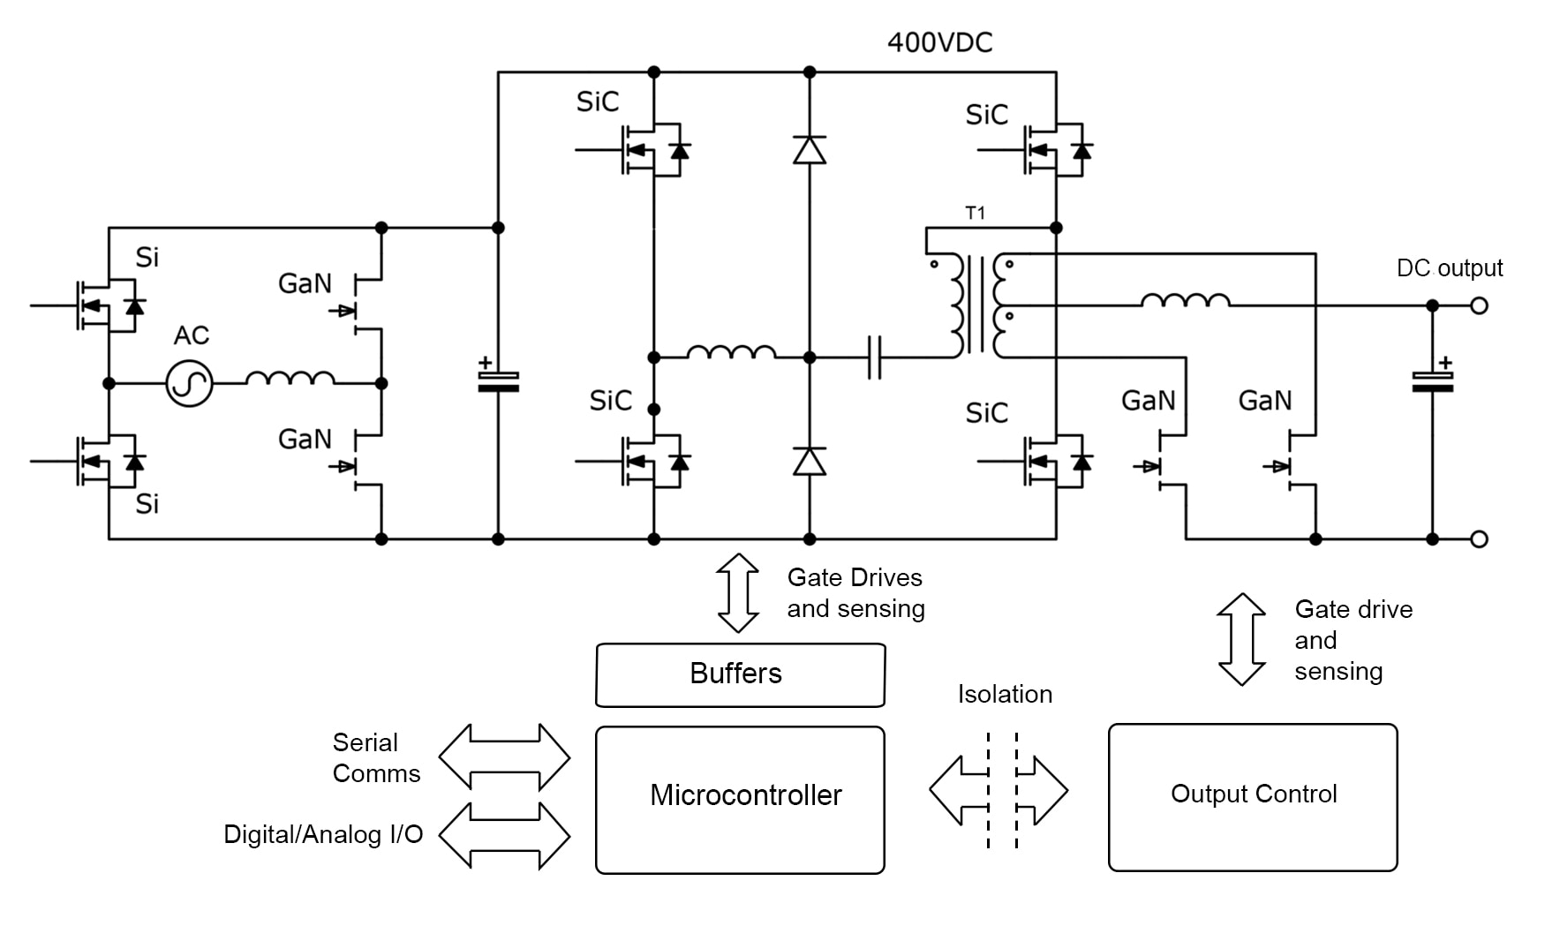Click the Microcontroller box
[x=740, y=799]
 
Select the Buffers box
[x=740, y=674]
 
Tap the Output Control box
[x=1252, y=796]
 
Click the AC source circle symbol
[x=190, y=383]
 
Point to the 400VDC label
[x=939, y=42]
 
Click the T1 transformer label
[x=975, y=213]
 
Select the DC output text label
[x=1449, y=268]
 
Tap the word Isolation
[x=1005, y=694]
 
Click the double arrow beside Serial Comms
[x=504, y=757]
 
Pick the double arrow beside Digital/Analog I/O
[x=504, y=834]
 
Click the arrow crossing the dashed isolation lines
[x=999, y=790]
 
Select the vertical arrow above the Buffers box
[x=737, y=592]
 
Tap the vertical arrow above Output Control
[x=1241, y=639]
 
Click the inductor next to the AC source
[x=290, y=379]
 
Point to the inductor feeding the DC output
[x=1185, y=301]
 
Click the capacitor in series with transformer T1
[x=874, y=358]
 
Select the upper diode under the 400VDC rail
[x=809, y=150]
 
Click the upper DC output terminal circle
[x=1480, y=305]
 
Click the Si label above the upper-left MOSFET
[x=147, y=258]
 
